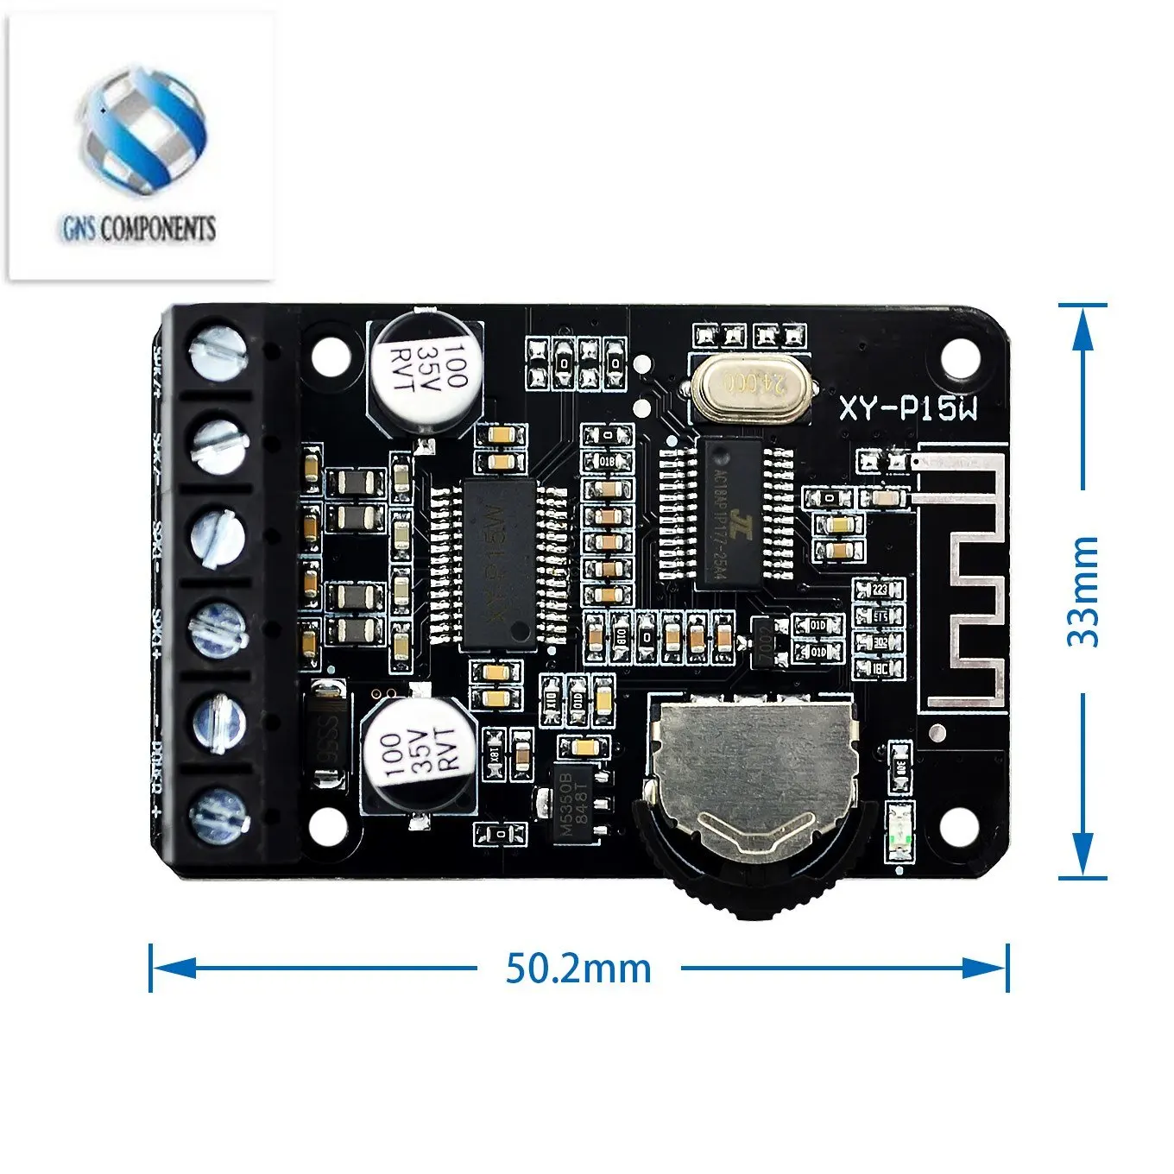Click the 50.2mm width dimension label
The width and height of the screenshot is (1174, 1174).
pos(578,969)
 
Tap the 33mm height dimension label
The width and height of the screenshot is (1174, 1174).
pos(1082,590)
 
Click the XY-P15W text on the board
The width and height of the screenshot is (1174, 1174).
pos(909,407)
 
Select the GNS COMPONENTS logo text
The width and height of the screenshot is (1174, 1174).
pos(138,229)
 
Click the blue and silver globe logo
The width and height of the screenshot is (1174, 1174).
pos(144,129)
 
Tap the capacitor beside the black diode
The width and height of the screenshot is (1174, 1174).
pos(419,754)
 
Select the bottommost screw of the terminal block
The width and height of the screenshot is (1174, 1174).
pos(219,813)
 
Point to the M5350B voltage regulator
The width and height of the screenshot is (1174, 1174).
pos(574,799)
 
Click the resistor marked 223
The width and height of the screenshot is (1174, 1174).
pos(879,590)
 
